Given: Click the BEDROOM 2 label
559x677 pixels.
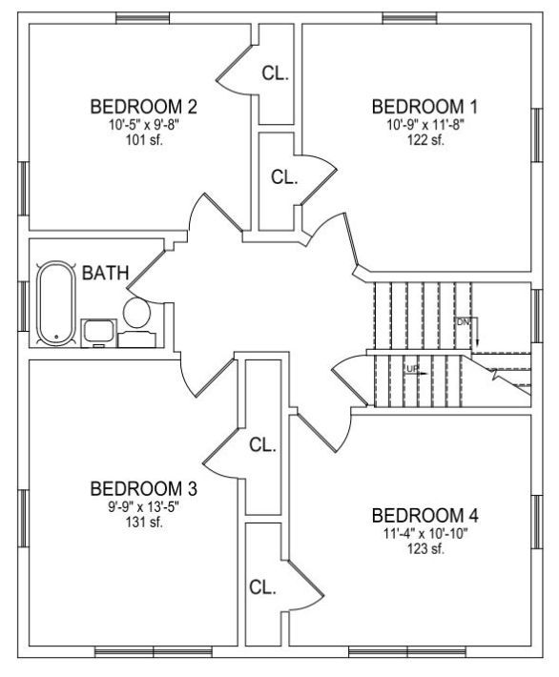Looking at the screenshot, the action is pyautogui.click(x=143, y=107).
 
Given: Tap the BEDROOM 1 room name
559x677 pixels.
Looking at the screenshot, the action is pyautogui.click(x=425, y=107).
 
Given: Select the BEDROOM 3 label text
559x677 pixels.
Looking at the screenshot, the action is pyautogui.click(x=143, y=489).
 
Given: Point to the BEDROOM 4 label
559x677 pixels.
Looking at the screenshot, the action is pyautogui.click(x=425, y=516).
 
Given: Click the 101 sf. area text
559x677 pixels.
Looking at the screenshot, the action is pyautogui.click(x=144, y=140).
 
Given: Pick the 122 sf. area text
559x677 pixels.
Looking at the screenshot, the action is pyautogui.click(x=425, y=140).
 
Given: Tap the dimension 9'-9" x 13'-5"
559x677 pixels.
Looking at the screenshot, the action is pyautogui.click(x=143, y=507).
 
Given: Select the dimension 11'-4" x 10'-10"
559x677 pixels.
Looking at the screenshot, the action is pyautogui.click(x=425, y=534).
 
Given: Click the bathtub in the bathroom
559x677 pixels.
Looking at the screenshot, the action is pyautogui.click(x=56, y=303).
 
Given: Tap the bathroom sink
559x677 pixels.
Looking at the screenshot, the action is pyautogui.click(x=99, y=333).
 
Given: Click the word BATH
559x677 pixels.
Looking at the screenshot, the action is pyautogui.click(x=105, y=273).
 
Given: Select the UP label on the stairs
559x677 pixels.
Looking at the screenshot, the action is pyautogui.click(x=412, y=369).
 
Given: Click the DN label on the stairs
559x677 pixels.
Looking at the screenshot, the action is pyautogui.click(x=463, y=321).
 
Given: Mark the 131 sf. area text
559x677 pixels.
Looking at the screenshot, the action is pyautogui.click(x=144, y=523).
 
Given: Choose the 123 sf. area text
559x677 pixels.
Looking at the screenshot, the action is pyautogui.click(x=425, y=549).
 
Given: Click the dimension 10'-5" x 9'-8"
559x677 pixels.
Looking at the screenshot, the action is pyautogui.click(x=143, y=125).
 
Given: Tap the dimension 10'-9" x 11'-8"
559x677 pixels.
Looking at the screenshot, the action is pyautogui.click(x=425, y=125).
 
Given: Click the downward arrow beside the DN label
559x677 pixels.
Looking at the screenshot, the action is pyautogui.click(x=477, y=332).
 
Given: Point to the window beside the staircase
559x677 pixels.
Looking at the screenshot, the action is pyautogui.click(x=536, y=316).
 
